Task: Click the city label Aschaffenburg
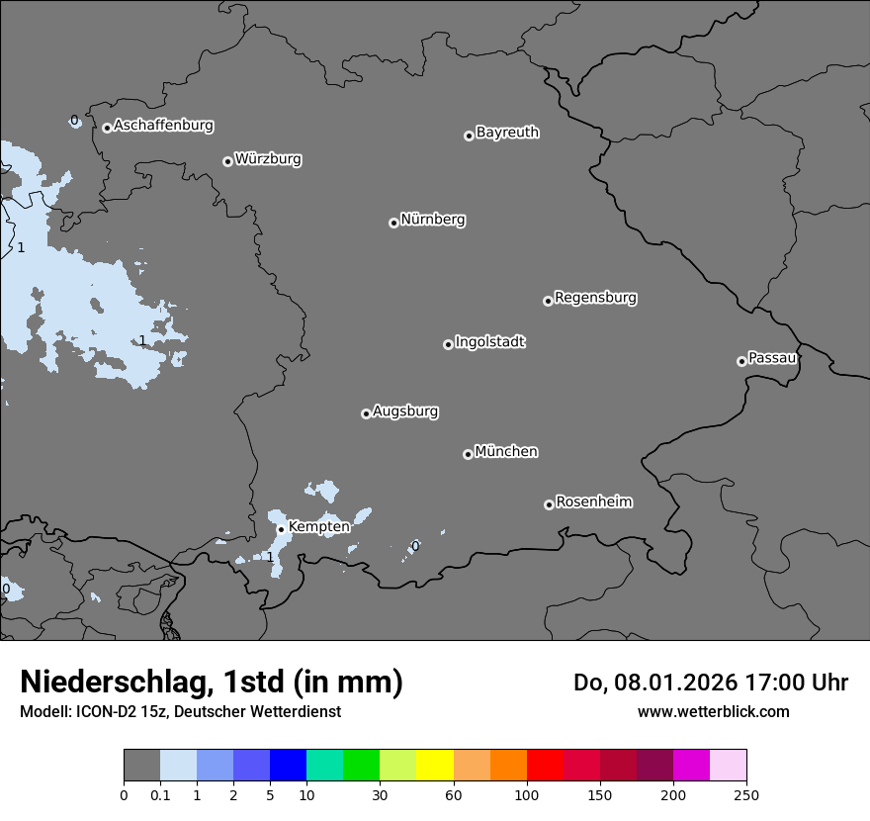(x=163, y=126)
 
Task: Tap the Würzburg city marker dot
(x=227, y=161)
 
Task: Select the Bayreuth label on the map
(x=507, y=133)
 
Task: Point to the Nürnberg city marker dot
(x=393, y=223)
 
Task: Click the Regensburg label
(x=595, y=298)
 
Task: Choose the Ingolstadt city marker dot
(x=448, y=344)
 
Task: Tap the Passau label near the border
(x=772, y=358)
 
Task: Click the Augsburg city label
(x=405, y=411)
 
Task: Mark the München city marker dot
(x=468, y=454)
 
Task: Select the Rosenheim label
(x=593, y=502)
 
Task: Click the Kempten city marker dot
(x=281, y=529)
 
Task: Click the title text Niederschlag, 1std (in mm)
(x=212, y=683)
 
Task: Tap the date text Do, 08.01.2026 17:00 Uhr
(x=711, y=683)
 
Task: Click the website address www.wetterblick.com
(x=713, y=712)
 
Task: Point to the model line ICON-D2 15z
(x=180, y=712)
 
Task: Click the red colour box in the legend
(x=545, y=766)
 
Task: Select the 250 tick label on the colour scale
(x=746, y=794)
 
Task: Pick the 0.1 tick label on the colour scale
(x=160, y=794)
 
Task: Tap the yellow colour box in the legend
(x=435, y=766)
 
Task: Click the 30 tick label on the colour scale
(x=380, y=794)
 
